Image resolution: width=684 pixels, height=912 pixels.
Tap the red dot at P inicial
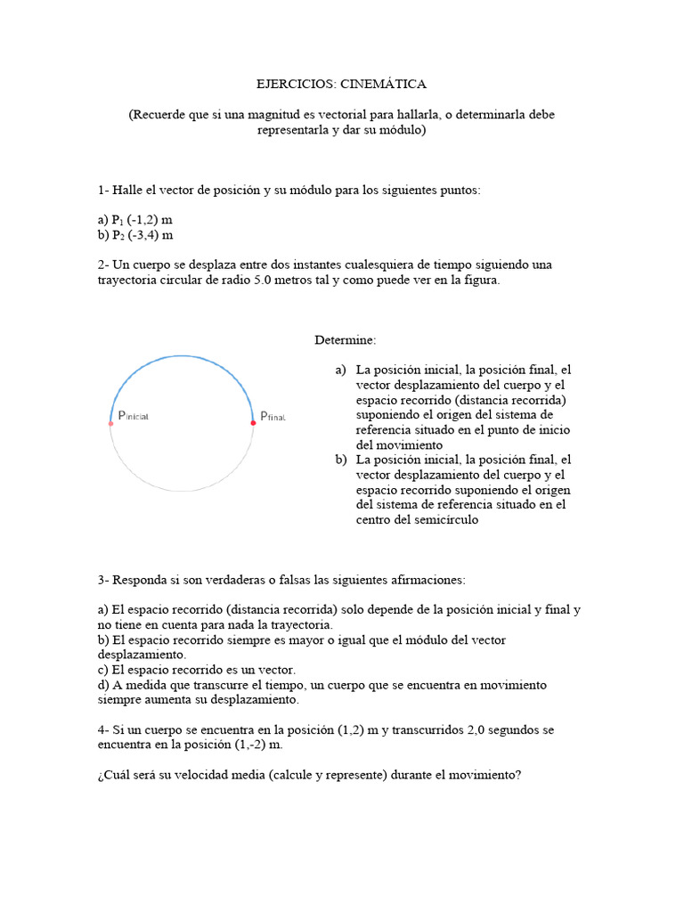click(110, 424)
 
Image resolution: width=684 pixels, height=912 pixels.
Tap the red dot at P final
click(254, 423)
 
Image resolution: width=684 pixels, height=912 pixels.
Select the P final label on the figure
click(273, 416)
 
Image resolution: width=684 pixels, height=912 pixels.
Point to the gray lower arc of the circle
click(182, 491)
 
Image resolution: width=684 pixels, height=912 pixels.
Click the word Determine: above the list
click(345, 340)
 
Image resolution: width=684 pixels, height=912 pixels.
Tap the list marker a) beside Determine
click(340, 369)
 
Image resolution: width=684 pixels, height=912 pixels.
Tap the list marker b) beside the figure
click(340, 460)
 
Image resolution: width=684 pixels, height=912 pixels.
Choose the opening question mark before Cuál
click(102, 775)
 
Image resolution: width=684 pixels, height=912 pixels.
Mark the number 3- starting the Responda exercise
click(103, 580)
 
